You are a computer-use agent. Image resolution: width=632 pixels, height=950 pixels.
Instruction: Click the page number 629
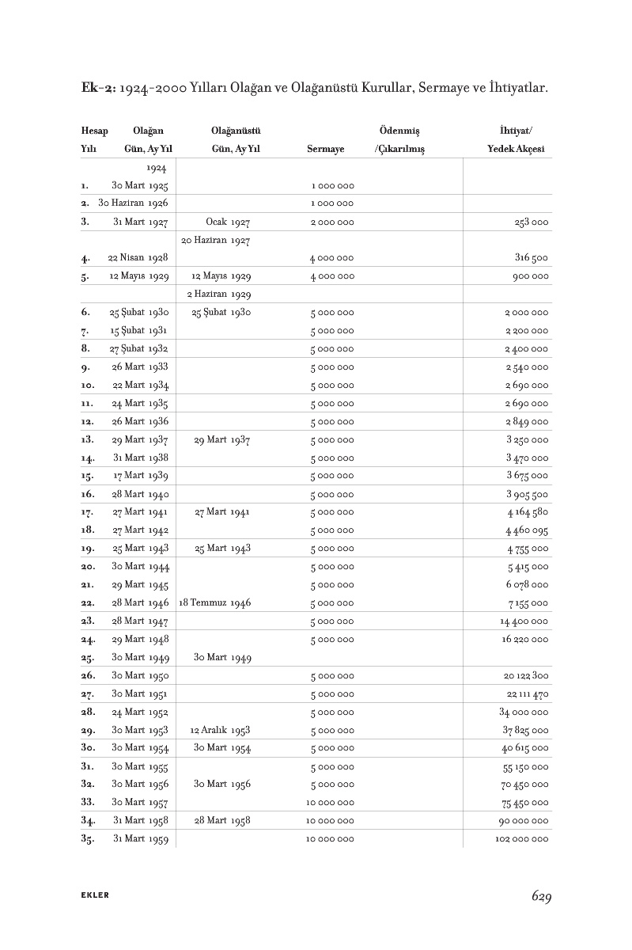(541, 896)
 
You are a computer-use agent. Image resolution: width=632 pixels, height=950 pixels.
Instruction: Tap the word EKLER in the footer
(95, 895)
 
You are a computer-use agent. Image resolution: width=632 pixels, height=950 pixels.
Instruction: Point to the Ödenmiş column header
(399, 130)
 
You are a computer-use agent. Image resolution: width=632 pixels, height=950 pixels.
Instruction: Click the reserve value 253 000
(532, 222)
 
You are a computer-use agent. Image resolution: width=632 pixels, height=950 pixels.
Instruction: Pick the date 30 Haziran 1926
(133, 203)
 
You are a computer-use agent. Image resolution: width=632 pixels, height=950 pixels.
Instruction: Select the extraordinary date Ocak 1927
(228, 222)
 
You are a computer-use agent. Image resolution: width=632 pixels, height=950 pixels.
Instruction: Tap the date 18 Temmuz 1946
(215, 603)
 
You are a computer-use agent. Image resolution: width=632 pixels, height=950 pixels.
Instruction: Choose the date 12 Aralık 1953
(221, 730)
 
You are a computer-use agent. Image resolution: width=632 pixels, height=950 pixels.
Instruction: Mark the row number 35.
(88, 839)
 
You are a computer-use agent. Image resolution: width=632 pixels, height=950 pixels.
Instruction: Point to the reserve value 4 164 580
(527, 512)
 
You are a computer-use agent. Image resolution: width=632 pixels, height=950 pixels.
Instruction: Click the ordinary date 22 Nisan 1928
(138, 258)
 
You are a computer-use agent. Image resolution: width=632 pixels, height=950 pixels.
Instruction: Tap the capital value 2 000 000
(332, 222)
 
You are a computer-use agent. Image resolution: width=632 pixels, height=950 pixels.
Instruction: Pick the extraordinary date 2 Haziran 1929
(219, 294)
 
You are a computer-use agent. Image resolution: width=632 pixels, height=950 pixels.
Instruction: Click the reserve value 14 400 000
(524, 621)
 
